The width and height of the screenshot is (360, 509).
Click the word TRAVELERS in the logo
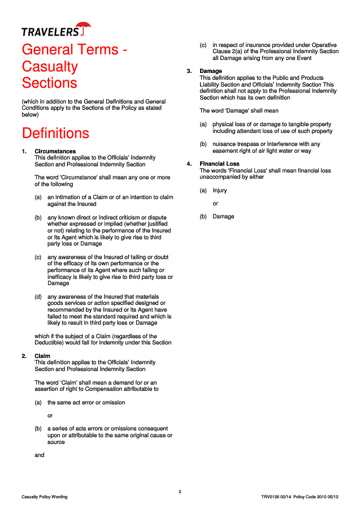coord(50,32)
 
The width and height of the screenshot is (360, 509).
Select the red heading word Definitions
coord(55,133)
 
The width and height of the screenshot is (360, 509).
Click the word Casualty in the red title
coord(50,66)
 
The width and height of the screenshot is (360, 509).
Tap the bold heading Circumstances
coord(55,152)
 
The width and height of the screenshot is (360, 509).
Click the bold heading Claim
coord(42,356)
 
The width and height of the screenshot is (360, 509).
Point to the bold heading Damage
coord(211,71)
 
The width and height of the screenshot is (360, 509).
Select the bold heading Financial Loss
coord(219,164)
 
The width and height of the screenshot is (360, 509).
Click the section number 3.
coord(189,71)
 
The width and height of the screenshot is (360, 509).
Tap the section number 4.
coord(189,164)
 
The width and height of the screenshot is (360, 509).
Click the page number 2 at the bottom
coord(180,491)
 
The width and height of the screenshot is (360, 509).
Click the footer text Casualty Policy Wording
coord(45,497)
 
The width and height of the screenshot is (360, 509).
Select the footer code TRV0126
coord(271,497)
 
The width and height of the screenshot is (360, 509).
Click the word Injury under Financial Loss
coord(220,191)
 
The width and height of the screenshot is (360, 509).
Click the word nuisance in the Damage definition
coord(224,144)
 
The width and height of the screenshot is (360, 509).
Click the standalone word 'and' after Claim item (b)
coord(40,455)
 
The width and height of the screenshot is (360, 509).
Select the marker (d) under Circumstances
coord(38,296)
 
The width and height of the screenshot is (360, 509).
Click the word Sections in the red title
coord(49,83)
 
